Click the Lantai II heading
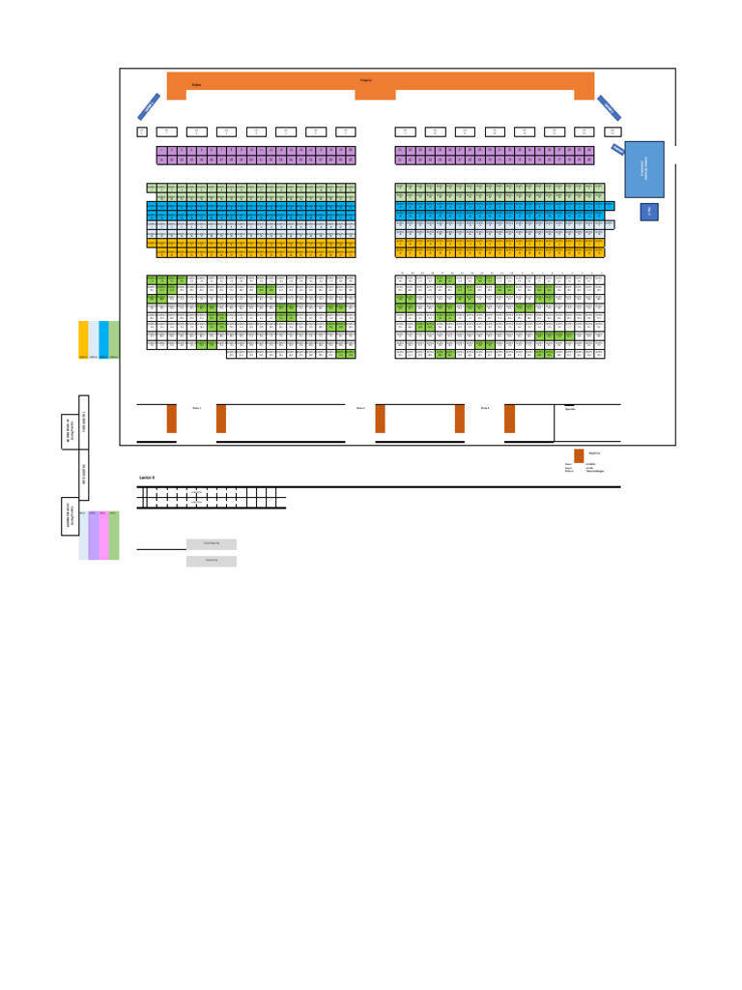pos(147,478)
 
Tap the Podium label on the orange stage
pos(196,85)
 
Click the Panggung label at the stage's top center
pos(365,79)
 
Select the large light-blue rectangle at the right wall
pos(644,169)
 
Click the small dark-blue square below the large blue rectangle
pos(649,212)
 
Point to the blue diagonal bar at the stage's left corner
pos(149,106)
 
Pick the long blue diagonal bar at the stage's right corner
pos(609,106)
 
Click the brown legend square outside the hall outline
pos(579,455)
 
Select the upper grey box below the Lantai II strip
pos(212,544)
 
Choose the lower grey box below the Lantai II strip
pos(212,561)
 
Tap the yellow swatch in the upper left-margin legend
pos(83,339)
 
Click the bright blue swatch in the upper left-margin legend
pos(103,339)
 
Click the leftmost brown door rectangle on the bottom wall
pos(172,419)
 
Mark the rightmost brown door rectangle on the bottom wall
pos(509,419)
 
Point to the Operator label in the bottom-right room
pos(570,409)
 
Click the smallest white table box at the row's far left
pos(142,131)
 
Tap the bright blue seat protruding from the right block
pos(610,206)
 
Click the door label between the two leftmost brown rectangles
pos(196,408)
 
